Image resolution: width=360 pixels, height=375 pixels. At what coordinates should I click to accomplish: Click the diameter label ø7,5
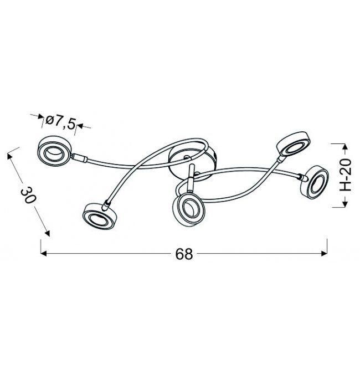(60, 122)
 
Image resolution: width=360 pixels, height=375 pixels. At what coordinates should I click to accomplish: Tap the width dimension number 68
(184, 254)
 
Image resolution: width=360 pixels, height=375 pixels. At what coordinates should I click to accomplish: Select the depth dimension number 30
(28, 195)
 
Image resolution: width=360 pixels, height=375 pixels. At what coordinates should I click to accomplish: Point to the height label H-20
(346, 175)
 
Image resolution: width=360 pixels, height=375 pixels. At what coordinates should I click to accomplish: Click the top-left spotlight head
(54, 151)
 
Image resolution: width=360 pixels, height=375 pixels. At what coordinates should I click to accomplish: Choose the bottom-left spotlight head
(98, 217)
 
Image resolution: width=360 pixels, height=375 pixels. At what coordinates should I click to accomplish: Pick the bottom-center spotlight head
(188, 208)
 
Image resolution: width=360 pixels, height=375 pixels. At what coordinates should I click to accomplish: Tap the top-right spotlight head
(294, 143)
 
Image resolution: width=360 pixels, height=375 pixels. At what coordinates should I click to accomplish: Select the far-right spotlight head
(315, 182)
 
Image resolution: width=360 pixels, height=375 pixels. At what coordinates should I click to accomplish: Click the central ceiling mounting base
(193, 162)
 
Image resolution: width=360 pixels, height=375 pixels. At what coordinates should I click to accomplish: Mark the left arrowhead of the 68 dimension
(43, 254)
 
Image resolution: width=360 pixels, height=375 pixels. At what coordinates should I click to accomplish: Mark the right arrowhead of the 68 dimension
(324, 254)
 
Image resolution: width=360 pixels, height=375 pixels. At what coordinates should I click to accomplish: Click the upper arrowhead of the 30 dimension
(10, 156)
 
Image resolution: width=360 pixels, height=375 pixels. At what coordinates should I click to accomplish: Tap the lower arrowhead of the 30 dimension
(48, 233)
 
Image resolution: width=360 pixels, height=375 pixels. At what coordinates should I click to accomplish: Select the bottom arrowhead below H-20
(344, 204)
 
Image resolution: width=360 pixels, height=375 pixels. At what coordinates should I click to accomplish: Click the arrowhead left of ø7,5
(42, 116)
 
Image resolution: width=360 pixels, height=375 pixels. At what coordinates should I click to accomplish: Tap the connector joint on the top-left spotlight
(79, 158)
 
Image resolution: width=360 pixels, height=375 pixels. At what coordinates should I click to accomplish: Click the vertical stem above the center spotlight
(191, 178)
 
